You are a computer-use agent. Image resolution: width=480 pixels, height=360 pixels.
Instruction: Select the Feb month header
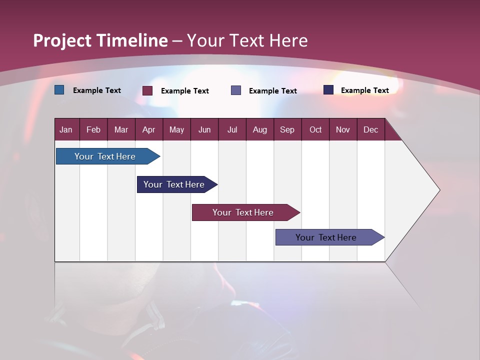[x=93, y=129]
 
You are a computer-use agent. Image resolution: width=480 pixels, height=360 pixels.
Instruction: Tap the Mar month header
[x=121, y=129]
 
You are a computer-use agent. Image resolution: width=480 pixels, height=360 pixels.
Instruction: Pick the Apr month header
[x=149, y=129]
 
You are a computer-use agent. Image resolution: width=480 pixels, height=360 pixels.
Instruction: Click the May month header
[x=176, y=129]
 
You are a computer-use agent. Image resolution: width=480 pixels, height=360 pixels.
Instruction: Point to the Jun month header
[x=204, y=129]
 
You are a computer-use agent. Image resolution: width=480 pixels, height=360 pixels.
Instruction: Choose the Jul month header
[x=232, y=129]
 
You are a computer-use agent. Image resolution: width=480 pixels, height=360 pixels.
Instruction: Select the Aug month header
[x=260, y=129]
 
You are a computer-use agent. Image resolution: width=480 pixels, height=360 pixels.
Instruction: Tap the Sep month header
[x=287, y=129]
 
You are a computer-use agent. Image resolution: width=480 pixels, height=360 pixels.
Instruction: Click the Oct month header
[x=315, y=129]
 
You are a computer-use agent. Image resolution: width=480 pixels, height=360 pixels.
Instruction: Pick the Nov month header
[x=343, y=129]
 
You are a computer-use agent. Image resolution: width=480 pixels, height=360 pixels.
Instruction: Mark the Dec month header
[x=371, y=129]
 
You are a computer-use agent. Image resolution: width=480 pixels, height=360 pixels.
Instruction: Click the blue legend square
[x=59, y=90]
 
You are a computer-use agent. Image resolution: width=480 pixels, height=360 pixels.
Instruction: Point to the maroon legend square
[x=147, y=90]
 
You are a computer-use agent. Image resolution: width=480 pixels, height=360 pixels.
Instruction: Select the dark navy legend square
[x=328, y=90]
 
